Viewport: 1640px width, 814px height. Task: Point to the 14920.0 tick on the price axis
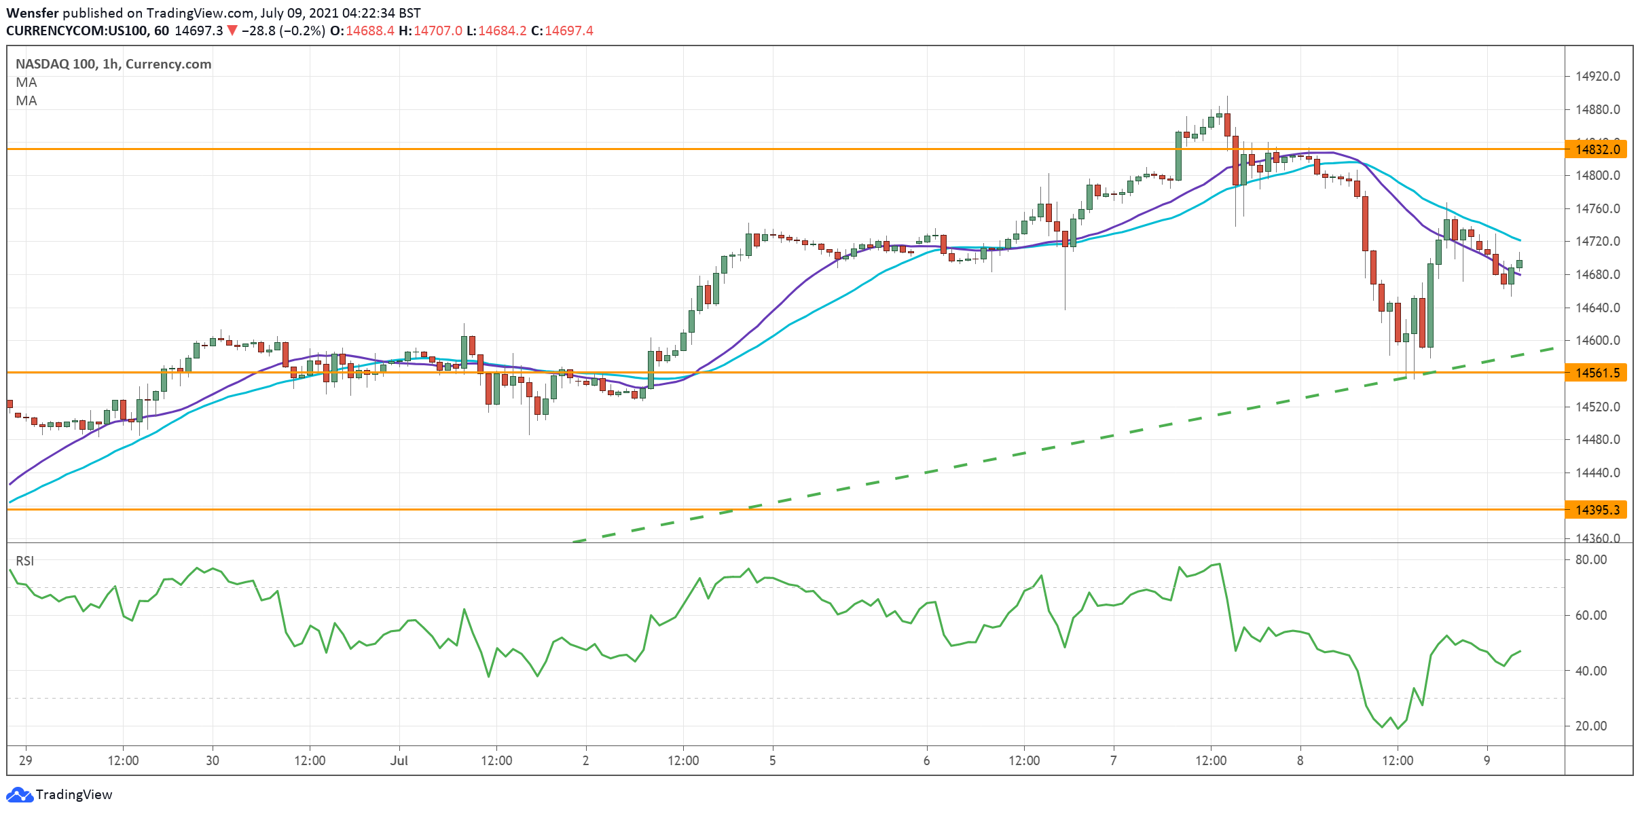click(x=1597, y=77)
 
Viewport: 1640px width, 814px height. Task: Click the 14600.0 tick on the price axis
click(x=1597, y=341)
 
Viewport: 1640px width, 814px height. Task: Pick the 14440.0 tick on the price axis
click(x=1597, y=473)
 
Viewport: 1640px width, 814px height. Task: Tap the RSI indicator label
click(x=25, y=561)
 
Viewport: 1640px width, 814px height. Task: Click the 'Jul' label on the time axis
click(x=399, y=760)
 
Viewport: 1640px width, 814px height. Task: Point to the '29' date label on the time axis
click(x=26, y=760)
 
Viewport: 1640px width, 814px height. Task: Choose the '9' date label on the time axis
click(x=1487, y=760)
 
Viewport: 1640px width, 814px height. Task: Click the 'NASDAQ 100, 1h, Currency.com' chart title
click(x=113, y=64)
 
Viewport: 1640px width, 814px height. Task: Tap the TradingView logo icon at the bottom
click(x=19, y=794)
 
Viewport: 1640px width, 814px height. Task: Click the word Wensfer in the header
click(x=33, y=13)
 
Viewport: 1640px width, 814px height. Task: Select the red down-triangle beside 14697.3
click(x=232, y=31)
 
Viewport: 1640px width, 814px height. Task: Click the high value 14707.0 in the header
click(x=438, y=31)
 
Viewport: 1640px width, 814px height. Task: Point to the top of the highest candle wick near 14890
click(x=1227, y=96)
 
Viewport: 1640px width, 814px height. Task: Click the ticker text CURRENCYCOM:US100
click(x=78, y=31)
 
